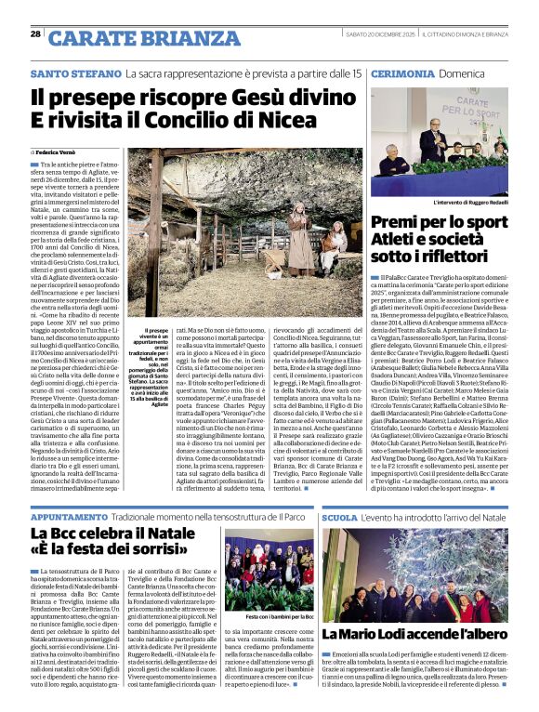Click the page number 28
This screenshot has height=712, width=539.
[34, 33]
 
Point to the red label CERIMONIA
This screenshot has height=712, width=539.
[401, 73]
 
